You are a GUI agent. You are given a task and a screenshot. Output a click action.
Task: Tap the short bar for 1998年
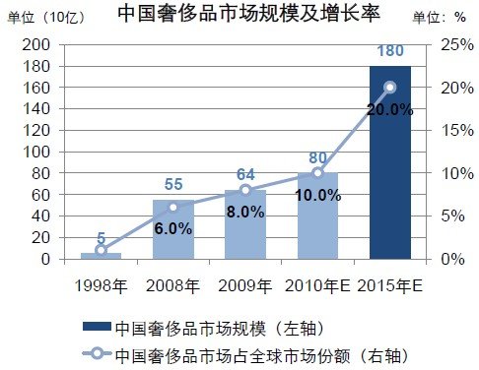101,256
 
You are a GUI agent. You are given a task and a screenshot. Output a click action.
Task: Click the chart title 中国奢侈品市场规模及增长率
239,15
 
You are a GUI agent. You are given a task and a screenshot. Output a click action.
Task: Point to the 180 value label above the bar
390,51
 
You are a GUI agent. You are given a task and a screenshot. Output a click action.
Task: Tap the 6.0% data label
172,228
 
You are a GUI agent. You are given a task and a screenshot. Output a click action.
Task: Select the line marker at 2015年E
390,87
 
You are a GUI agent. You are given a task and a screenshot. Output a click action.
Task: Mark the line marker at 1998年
101,250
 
